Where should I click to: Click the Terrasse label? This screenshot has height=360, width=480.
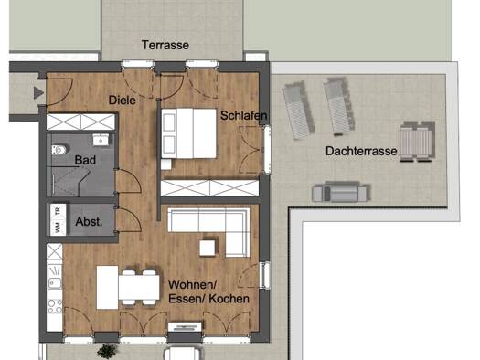click(165, 45)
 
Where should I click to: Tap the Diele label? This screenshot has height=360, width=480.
click(123, 100)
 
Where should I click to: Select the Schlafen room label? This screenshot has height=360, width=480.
click(244, 115)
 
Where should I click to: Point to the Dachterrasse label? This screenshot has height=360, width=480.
click(361, 151)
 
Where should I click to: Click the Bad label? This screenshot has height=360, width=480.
click(85, 160)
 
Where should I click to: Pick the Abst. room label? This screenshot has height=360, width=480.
click(89, 221)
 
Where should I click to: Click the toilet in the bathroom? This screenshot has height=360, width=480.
click(59, 150)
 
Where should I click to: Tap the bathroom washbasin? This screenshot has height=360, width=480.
click(101, 140)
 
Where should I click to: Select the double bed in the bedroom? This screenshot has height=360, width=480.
click(189, 133)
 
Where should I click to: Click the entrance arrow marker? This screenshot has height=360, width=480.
click(38, 92)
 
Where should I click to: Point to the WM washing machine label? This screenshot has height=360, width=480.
click(58, 228)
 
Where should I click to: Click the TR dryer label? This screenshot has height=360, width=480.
click(58, 211)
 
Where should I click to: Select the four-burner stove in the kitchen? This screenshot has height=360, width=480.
click(55, 306)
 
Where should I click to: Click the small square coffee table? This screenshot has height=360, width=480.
click(208, 248)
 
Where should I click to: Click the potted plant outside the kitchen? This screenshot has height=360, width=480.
click(107, 351)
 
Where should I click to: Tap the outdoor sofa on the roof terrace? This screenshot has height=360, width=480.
click(339, 193)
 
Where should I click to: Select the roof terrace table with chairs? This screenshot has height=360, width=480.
click(417, 142)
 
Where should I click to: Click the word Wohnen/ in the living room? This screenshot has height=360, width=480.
click(192, 284)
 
